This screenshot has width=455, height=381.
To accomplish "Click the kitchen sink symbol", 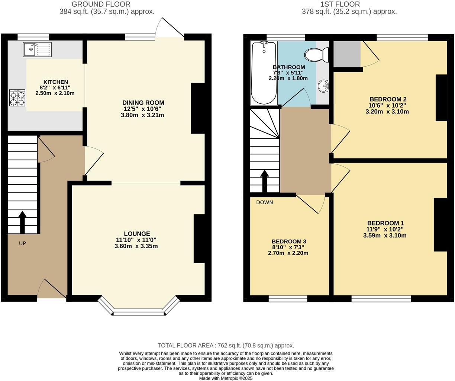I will coord(37,49).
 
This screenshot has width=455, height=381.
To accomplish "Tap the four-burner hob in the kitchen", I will coord(17,98).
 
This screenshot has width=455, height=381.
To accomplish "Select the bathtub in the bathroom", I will coord(264,73).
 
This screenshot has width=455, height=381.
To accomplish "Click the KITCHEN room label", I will coord(56,82).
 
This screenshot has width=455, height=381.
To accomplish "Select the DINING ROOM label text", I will coord(143,103).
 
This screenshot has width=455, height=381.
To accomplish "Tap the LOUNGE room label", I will coord(137,234).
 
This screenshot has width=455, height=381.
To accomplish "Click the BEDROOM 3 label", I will coord(288,241).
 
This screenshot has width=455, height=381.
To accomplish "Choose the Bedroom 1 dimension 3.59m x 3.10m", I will coord(385,236).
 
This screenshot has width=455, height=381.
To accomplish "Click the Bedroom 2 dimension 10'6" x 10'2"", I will coord(388,105).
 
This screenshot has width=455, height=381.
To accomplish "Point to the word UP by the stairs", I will coord(23,243).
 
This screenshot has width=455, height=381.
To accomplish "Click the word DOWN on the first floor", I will coord(264,202).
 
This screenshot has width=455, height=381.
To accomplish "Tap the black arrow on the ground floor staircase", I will coord(22,222).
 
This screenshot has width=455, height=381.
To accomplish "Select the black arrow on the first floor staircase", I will coord(264,181).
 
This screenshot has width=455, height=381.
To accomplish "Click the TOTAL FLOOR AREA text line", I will coord(226,345).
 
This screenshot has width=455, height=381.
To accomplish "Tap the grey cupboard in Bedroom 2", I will coord(346,54).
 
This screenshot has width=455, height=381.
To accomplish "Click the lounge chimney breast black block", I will coord(200,238).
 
